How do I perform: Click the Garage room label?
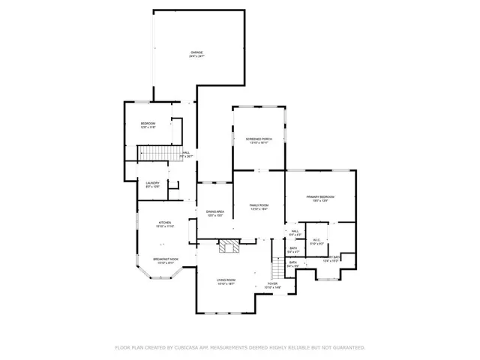click(196, 52)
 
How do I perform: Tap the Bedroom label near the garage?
click(148, 124)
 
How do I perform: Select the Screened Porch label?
click(259, 139)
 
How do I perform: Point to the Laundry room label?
click(153, 184)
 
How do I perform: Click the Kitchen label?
click(165, 222)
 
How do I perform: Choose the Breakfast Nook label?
click(164, 259)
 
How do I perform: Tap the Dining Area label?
click(215, 212)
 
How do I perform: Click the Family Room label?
click(259, 205)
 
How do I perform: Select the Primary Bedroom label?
click(320, 197)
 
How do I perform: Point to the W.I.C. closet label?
click(316, 241)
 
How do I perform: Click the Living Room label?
click(226, 280)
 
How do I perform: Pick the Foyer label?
click(272, 284)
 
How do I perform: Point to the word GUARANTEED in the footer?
click(346, 348)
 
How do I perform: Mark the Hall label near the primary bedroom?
click(295, 232)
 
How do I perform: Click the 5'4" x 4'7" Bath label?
click(294, 249)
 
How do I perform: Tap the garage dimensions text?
click(196, 57)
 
